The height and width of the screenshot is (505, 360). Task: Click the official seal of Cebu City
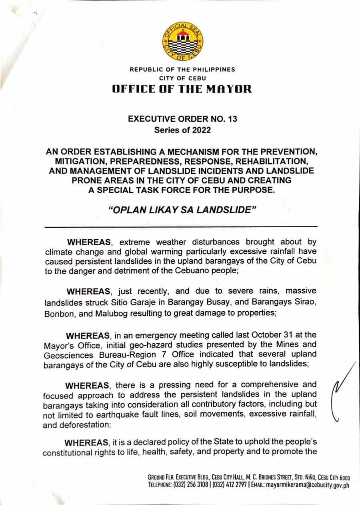coord(182,42)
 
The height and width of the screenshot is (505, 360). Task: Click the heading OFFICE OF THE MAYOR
coord(182,89)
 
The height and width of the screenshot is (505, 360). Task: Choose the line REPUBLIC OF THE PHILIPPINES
coord(182,70)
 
